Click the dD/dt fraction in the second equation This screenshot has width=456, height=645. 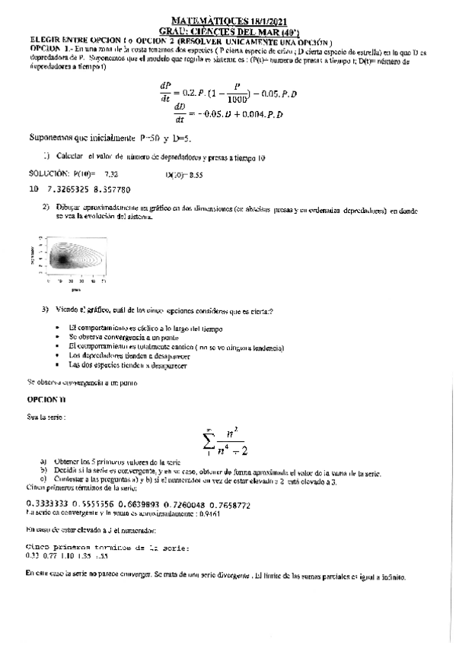click(180, 112)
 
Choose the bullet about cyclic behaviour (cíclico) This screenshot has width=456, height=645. click(145, 328)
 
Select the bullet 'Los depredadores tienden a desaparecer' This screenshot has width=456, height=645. click(129, 355)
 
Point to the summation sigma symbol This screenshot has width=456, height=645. click(208, 441)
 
